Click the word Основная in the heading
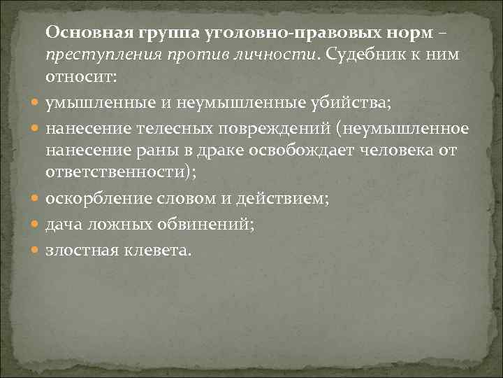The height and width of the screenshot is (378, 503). (90, 31)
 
